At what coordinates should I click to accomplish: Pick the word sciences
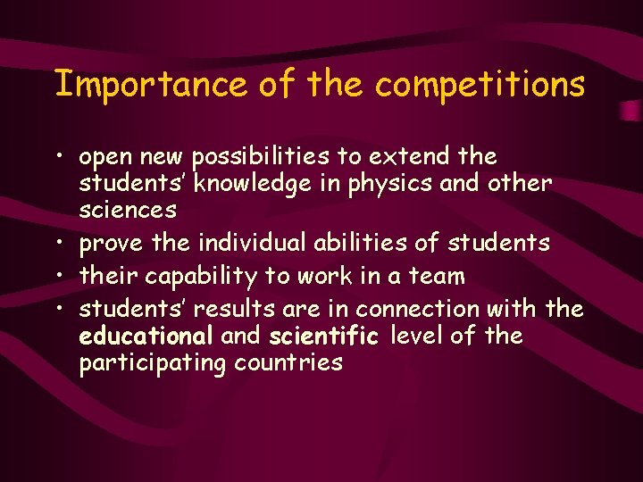[128, 211]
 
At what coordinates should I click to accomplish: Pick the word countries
[288, 363]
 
